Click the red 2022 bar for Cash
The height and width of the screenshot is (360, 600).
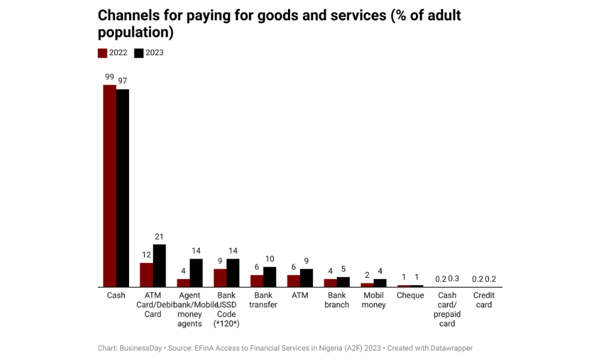tap(109, 186)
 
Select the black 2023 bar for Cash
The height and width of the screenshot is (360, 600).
tap(122, 188)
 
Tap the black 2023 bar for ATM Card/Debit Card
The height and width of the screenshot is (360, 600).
tap(160, 266)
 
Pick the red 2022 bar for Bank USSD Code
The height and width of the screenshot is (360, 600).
tap(220, 278)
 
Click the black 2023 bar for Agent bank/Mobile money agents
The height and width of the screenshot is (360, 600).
tap(196, 273)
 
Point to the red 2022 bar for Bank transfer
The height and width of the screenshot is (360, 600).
tap(257, 281)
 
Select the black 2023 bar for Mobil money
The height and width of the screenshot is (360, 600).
tap(380, 283)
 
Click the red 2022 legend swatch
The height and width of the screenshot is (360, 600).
tap(103, 53)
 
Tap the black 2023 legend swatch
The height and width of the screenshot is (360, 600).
tap(139, 53)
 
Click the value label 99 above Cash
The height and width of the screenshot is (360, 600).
tap(109, 77)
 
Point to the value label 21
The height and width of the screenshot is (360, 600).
tap(159, 237)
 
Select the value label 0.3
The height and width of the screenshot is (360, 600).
tap(454, 278)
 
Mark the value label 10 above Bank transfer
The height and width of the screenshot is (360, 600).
tap(270, 259)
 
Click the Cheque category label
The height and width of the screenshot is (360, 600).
tap(410, 295)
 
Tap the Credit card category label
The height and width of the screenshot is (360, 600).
tap(484, 300)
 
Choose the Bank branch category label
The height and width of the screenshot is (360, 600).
tap(337, 300)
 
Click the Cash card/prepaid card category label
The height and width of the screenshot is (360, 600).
tap(447, 309)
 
